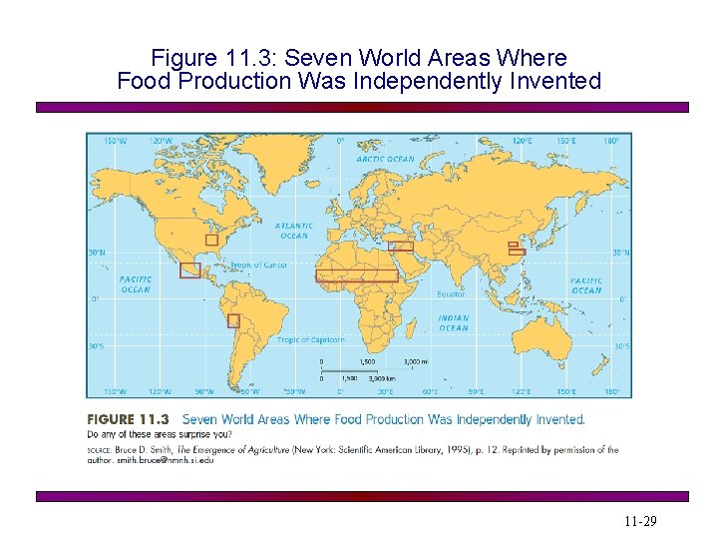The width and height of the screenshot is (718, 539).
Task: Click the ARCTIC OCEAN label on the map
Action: point(385,159)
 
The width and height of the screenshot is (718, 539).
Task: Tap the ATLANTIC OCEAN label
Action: point(294,231)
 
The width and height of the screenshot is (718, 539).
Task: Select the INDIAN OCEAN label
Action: point(454,323)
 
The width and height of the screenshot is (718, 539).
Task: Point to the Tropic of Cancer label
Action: point(259,266)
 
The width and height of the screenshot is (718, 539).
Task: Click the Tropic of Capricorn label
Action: point(311,340)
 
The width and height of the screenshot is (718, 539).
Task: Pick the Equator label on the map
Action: point(451,294)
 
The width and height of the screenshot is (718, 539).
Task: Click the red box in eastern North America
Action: point(211,240)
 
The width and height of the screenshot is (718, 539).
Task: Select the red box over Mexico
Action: point(189,270)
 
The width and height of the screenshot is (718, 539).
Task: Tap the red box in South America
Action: point(233,320)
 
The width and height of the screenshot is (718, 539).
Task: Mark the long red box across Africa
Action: point(356,275)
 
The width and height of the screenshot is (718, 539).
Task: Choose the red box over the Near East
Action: point(401,246)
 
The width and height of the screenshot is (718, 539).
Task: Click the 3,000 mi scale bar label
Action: point(415,361)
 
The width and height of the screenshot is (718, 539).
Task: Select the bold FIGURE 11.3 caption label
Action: point(128,419)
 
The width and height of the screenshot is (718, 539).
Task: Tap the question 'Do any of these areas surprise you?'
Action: point(159,434)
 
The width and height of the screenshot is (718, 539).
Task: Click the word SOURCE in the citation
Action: point(102,450)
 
